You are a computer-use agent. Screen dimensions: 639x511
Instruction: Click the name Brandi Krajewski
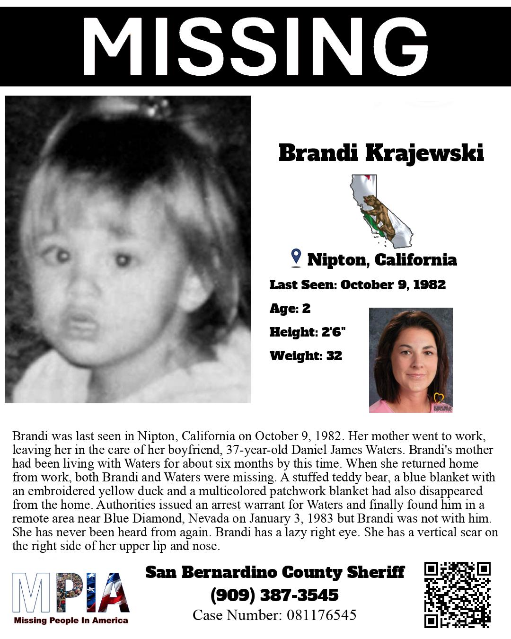[381, 153]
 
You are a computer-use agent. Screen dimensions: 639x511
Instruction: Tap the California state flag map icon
[380, 211]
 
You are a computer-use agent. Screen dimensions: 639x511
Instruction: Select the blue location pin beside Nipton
[296, 257]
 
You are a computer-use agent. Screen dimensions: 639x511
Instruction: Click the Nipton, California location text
[382, 259]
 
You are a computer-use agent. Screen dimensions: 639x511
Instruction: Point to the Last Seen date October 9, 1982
[393, 284]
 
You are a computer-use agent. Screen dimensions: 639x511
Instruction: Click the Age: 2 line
[290, 308]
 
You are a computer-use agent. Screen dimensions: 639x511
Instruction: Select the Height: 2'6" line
[307, 332]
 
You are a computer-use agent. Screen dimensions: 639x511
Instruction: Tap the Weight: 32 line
[305, 355]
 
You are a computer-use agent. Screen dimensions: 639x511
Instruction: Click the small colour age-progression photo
[411, 360]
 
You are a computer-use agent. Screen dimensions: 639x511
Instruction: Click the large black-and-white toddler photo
[128, 249]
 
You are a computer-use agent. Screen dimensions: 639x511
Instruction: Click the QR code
[457, 595]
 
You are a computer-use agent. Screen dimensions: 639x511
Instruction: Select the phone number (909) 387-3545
[274, 595]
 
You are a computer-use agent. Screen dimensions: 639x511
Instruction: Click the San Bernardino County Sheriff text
[274, 572]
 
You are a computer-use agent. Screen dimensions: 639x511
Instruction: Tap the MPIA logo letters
[71, 592]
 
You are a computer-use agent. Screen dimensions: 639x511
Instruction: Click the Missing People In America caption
[71, 621]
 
